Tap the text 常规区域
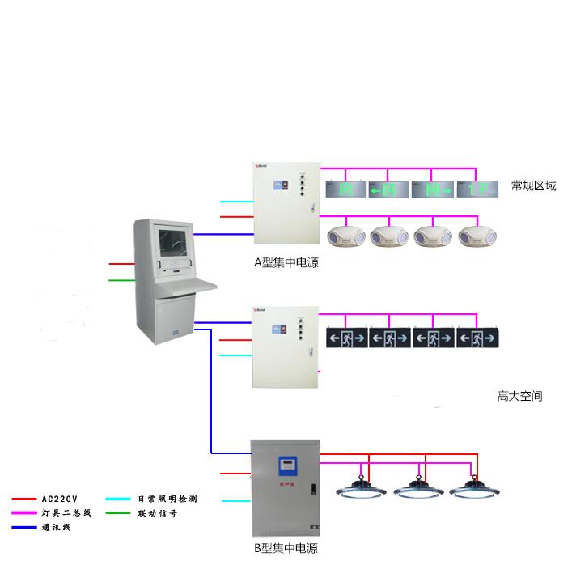(533, 186)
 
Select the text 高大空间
(519, 396)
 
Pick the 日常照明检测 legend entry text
(167, 500)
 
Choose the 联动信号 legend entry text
(157, 513)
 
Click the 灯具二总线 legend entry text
(66, 513)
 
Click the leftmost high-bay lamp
(361, 489)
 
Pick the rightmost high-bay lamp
(473, 489)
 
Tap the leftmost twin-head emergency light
(346, 236)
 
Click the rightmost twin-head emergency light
(477, 236)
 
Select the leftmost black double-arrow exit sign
(346, 337)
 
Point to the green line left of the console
(122, 281)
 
